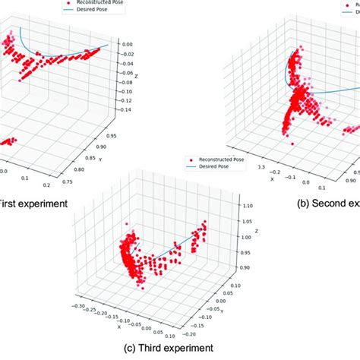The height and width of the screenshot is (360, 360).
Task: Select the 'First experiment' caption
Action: click(x=21, y=204)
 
